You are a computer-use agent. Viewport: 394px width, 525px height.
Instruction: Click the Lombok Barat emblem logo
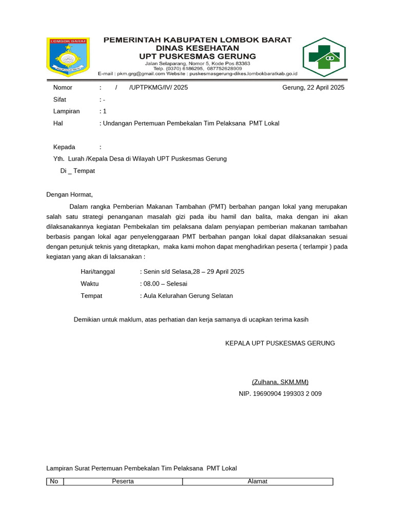[68, 56]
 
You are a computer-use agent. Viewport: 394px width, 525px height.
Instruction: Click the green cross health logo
[324, 57]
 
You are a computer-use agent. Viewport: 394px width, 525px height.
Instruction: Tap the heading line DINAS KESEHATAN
[198, 48]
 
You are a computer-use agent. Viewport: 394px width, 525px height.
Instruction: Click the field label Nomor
[63, 88]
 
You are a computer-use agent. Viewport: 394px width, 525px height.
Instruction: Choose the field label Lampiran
[66, 111]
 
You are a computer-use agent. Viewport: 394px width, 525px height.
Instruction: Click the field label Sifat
[61, 99]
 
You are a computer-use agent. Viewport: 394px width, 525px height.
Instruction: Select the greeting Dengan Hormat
[70, 195]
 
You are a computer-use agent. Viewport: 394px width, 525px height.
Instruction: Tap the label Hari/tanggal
[98, 272]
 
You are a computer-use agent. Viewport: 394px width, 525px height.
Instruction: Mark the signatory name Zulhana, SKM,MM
[280, 382]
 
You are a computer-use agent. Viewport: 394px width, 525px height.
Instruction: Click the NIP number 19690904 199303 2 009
[280, 394]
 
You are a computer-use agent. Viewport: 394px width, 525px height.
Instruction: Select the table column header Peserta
[123, 481]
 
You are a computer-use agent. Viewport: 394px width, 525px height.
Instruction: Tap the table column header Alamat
[258, 481]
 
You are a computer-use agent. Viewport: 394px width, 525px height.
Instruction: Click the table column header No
[54, 481]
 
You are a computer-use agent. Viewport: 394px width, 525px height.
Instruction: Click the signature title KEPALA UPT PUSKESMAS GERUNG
[280, 343]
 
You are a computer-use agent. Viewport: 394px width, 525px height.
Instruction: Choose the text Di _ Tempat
[77, 171]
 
